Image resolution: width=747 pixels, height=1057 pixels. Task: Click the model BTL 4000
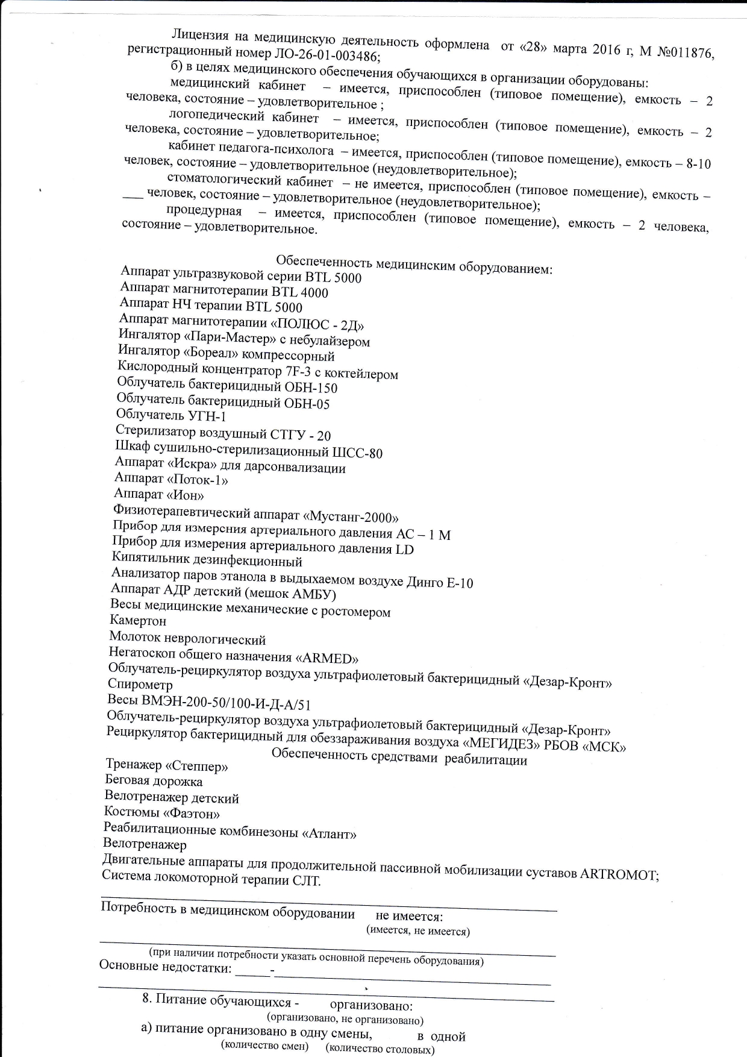(300, 293)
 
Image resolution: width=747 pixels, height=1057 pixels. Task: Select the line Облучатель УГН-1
(171, 415)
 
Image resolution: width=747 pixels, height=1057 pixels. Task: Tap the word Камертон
(138, 620)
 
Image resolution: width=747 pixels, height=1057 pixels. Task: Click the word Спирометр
(140, 685)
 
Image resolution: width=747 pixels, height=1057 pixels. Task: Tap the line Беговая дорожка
(154, 782)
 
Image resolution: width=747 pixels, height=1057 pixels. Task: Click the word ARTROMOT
(619, 874)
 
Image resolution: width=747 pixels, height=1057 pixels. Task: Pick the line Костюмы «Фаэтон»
(162, 814)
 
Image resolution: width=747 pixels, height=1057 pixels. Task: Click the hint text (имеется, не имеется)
(418, 931)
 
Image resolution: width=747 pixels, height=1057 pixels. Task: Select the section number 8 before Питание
(146, 999)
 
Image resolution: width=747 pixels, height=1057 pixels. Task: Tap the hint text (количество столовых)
(380, 1049)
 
